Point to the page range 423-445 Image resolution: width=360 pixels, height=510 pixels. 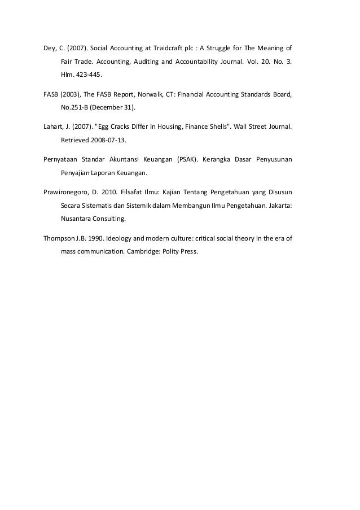(84, 74)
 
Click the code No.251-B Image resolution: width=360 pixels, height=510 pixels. (74, 107)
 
